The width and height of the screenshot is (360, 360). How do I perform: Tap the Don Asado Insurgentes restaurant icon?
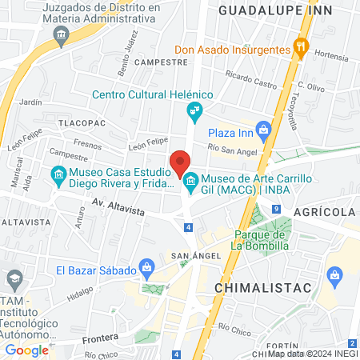point(301,47)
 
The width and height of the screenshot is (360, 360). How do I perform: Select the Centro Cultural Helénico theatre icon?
point(194,110)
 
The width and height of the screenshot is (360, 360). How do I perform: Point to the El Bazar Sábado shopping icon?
point(146,266)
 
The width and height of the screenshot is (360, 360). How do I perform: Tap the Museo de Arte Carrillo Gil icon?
point(191,185)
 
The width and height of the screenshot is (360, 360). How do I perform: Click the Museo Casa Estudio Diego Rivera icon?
point(58,174)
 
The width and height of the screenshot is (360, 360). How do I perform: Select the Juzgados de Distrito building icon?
point(61,35)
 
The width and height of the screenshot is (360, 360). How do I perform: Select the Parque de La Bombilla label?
point(260,240)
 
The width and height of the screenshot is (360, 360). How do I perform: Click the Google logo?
point(27,350)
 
